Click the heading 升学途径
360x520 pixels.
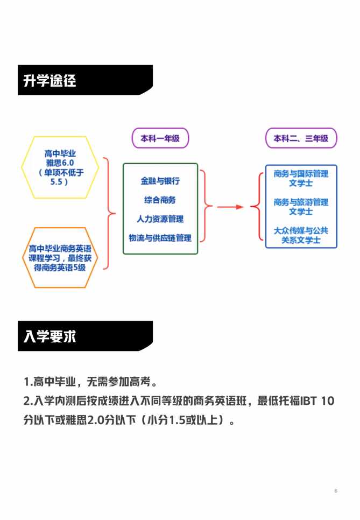point(50,81)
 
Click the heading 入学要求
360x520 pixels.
point(50,336)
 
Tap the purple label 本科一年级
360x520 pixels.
point(160,138)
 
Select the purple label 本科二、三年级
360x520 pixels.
point(301,138)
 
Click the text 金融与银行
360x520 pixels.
point(160,181)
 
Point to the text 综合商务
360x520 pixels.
point(160,200)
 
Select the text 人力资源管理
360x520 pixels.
point(160,219)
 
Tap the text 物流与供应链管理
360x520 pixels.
point(160,238)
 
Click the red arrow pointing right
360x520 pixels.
point(230,207)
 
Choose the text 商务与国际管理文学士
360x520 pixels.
point(301,178)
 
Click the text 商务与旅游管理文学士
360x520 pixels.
point(301,207)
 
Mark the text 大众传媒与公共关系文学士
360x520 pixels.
point(301,235)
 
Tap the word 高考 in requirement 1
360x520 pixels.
point(140,382)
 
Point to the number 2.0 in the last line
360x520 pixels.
point(95,420)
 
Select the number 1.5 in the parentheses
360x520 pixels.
point(177,420)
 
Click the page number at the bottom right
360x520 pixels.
point(336,490)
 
